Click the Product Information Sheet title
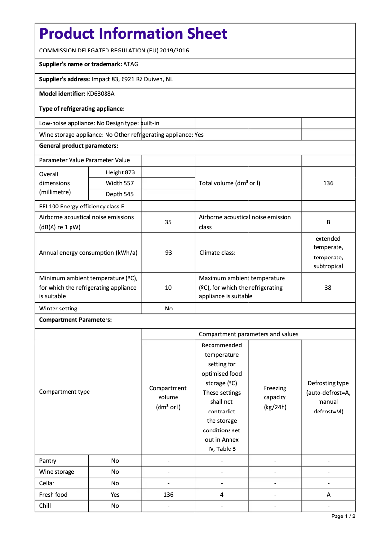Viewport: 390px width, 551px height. pyautogui.click(x=133, y=34)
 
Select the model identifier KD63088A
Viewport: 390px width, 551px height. pyautogui.click(x=101, y=94)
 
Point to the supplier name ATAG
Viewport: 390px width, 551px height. pyautogui.click(x=131, y=64)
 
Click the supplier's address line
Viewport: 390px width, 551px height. pyautogui.click(x=106, y=79)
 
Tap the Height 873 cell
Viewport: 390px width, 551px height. pyautogui.click(x=120, y=172)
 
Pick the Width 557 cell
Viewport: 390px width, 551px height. pyautogui.click(x=120, y=183)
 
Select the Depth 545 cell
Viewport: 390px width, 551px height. pyautogui.click(x=120, y=194)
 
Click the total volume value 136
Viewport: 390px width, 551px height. pyautogui.click(x=328, y=183)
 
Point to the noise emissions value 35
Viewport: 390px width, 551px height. pyautogui.click(x=168, y=222)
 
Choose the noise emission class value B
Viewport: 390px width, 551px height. pyautogui.click(x=328, y=222)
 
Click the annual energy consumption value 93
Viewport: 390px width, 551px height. pyautogui.click(x=168, y=253)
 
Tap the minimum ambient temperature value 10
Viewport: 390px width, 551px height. pyautogui.click(x=168, y=288)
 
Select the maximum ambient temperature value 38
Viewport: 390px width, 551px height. pyautogui.click(x=328, y=288)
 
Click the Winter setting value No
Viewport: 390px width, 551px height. pyautogui.click(x=168, y=309)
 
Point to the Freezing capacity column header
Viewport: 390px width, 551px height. pyautogui.click(x=275, y=397)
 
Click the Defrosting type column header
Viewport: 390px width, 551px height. pyautogui.click(x=328, y=397)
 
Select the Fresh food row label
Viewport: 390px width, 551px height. pyautogui.click(x=53, y=495)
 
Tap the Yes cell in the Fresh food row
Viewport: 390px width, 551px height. pyautogui.click(x=115, y=495)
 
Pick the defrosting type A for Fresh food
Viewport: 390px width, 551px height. pyautogui.click(x=328, y=495)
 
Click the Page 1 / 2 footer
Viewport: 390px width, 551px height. pyautogui.click(x=343, y=516)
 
